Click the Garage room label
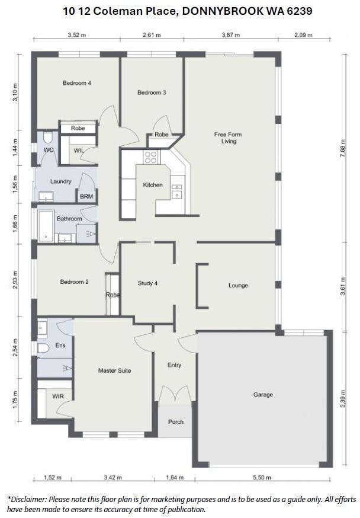(x=263, y=395)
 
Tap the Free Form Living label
(x=228, y=138)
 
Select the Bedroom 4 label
(x=77, y=83)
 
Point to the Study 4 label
(x=147, y=283)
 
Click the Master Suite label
(x=114, y=370)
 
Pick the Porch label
(x=175, y=422)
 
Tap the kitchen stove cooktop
(x=150, y=157)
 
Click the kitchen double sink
(x=177, y=191)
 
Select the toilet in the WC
(x=48, y=137)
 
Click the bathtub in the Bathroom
(x=46, y=226)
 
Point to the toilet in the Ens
(x=43, y=348)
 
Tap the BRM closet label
(x=86, y=197)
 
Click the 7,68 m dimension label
(x=343, y=147)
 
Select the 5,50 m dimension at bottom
(x=262, y=477)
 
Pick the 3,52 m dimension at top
(x=76, y=35)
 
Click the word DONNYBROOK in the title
(x=223, y=11)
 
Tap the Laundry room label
(x=61, y=181)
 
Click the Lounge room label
(x=238, y=286)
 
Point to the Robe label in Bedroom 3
(x=162, y=135)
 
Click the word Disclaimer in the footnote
(x=27, y=499)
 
